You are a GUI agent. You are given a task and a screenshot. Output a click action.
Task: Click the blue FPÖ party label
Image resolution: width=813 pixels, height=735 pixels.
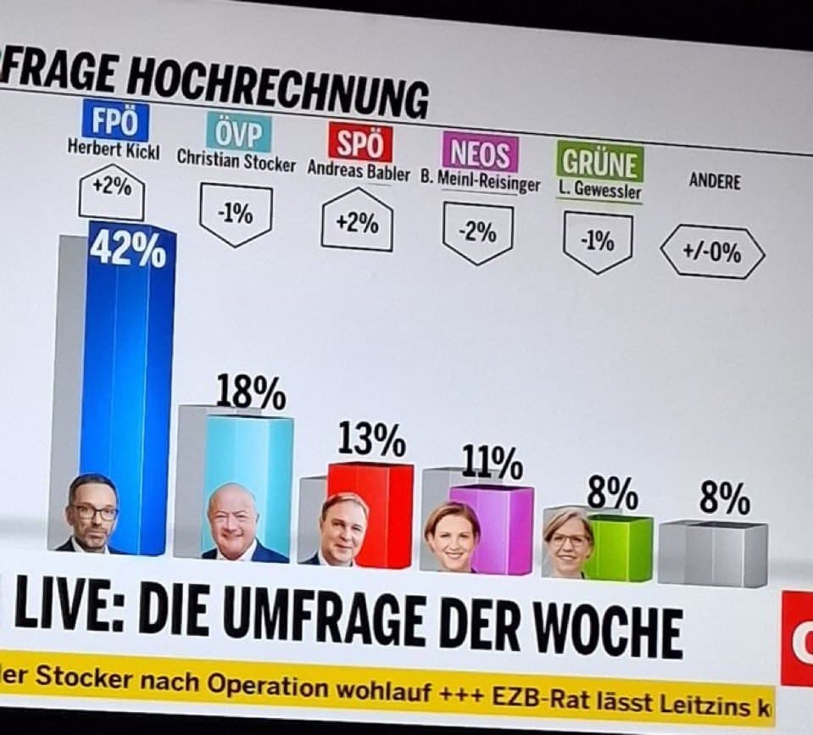[114, 121]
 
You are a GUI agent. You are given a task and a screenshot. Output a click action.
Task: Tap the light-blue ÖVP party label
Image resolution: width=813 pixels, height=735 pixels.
[238, 133]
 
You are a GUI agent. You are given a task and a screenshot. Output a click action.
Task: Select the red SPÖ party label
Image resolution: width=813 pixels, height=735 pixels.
[359, 142]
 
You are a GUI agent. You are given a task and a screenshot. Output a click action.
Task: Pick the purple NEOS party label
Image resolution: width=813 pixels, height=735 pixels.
[480, 154]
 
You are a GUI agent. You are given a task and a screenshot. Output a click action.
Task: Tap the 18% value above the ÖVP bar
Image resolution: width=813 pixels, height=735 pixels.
[251, 393]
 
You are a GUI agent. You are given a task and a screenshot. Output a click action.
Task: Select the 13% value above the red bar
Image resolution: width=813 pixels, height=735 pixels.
[371, 440]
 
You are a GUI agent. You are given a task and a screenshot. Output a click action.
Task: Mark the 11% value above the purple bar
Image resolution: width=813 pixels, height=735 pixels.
[492, 463]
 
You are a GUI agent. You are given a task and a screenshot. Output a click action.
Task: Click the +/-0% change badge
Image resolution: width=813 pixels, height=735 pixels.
[712, 252]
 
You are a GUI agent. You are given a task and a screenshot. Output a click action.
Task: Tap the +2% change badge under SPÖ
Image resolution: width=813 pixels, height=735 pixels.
[357, 224]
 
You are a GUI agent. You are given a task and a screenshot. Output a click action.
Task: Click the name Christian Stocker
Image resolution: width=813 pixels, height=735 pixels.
[237, 161]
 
